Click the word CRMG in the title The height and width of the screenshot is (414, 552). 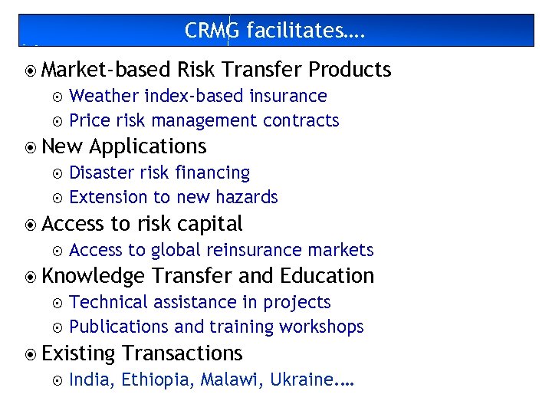(212, 30)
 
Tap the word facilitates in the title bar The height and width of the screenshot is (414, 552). (297, 30)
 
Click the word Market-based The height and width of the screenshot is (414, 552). (106, 70)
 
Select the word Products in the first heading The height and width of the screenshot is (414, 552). (350, 70)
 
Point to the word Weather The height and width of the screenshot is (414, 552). (104, 96)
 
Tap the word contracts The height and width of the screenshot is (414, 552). (301, 120)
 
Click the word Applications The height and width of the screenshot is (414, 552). (148, 146)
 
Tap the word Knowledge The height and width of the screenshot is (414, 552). (94, 276)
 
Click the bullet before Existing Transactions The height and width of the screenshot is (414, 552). (31, 354)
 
